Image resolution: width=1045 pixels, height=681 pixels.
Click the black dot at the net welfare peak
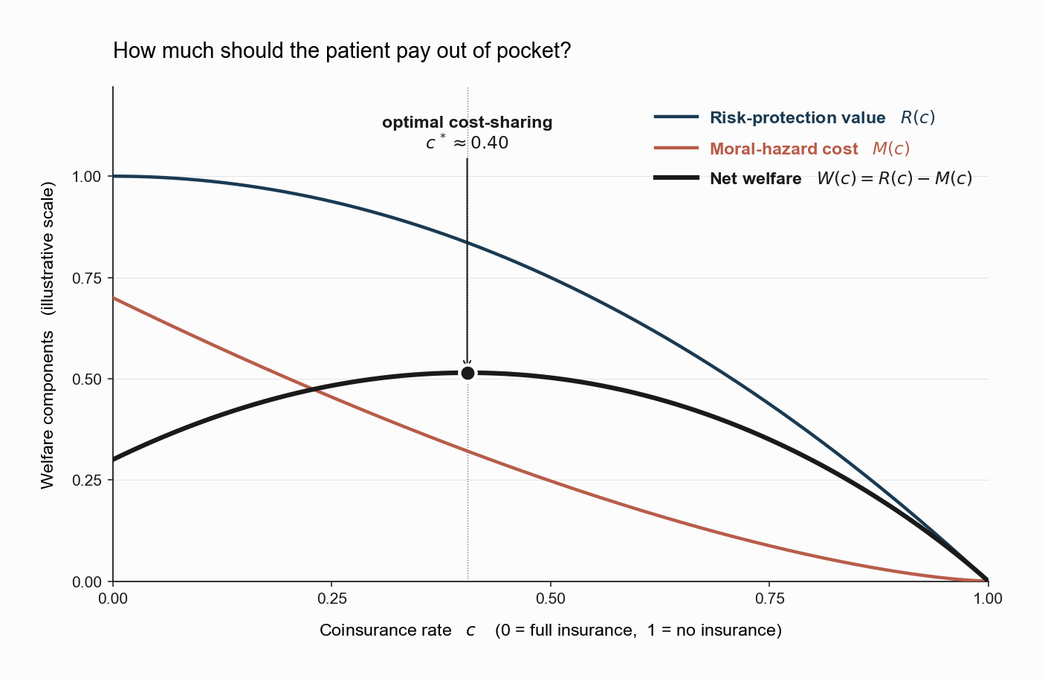coord(467,373)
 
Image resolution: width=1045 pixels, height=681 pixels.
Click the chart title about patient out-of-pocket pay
coord(342,50)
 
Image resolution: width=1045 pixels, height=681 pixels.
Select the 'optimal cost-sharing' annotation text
coord(467,122)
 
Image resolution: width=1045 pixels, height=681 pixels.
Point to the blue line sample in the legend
coord(676,117)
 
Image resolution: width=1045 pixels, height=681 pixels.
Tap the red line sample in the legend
coord(676,148)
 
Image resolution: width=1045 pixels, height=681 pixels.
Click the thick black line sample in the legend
coord(676,177)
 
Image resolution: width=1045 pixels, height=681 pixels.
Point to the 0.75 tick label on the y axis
coord(86,278)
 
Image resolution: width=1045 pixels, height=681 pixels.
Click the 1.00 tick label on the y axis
coord(86,177)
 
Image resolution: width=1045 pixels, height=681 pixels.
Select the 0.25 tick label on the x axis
coord(331,599)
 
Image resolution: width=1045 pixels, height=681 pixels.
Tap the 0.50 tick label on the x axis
coord(551,599)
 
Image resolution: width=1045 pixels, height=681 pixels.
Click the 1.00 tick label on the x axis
coord(988,599)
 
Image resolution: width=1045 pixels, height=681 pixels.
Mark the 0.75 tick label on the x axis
coord(769,599)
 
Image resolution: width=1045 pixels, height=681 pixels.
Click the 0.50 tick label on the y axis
coord(86,379)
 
